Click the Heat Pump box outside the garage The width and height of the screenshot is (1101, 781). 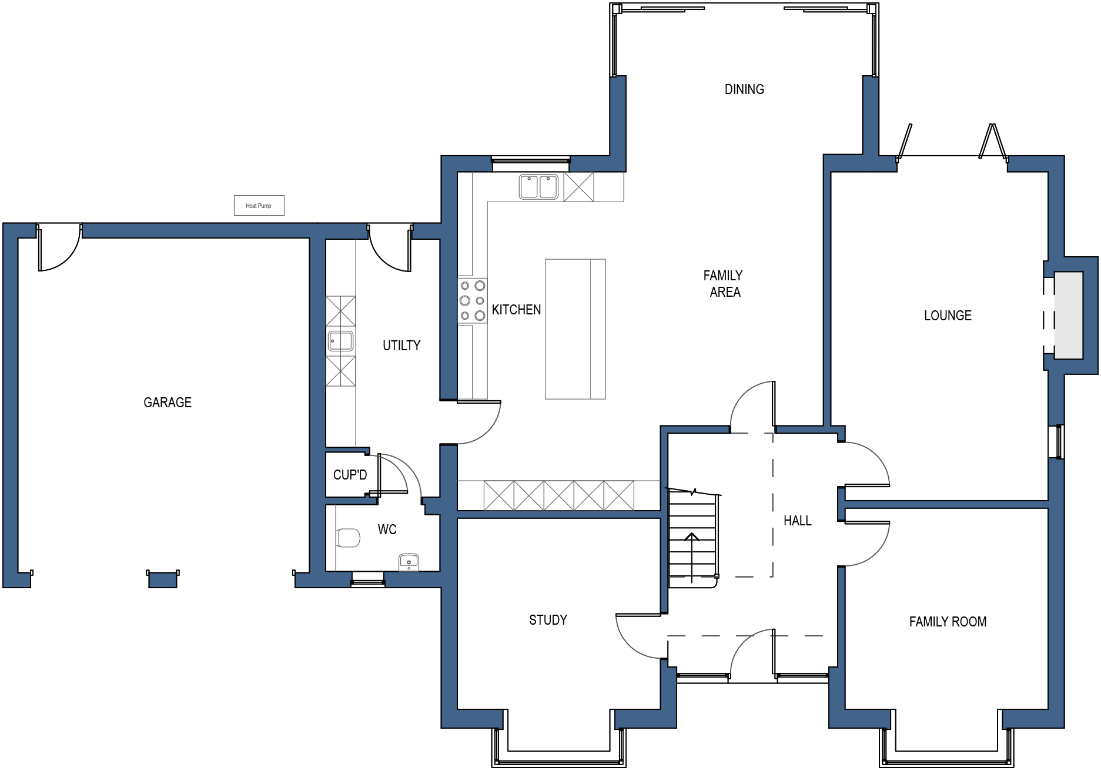pos(259,205)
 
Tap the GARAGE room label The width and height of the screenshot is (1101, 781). pos(168,403)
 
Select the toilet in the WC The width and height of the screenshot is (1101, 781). pos(348,538)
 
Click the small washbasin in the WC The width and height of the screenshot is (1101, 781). pos(409,562)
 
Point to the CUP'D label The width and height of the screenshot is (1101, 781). pos(350,475)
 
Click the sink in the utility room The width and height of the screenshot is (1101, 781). pos(341,341)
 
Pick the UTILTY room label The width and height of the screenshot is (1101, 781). pos(401,346)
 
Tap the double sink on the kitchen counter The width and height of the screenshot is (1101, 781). pos(538,186)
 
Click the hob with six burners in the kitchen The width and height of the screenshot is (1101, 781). pos(473,301)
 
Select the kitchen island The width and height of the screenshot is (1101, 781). pos(575,329)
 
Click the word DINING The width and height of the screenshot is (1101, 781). pos(744,89)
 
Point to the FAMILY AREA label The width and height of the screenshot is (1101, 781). pos(724,284)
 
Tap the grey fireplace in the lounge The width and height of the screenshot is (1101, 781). pos(1068,315)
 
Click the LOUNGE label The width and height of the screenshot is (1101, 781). pos(948,316)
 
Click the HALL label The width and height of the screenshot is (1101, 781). pos(797,521)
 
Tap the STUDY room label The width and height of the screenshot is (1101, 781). pos(548,620)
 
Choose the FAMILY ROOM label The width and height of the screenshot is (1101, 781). pos(948,622)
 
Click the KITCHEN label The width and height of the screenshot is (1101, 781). pos(516,310)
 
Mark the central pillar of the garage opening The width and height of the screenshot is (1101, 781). pos(163,579)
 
